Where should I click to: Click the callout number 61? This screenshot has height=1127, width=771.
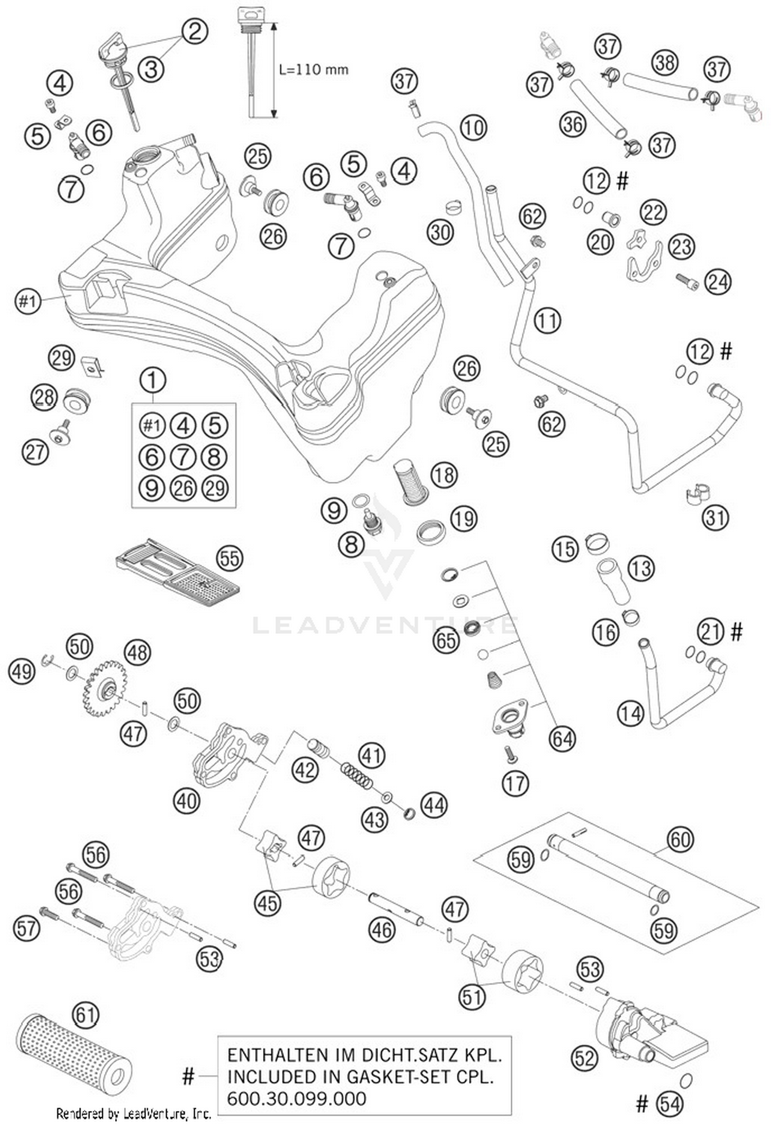coord(85,1015)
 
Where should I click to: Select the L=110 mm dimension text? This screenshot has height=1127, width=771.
coord(313,69)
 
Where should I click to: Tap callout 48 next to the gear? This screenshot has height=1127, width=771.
coord(138,653)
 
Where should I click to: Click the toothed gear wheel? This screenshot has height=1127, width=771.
coord(104,688)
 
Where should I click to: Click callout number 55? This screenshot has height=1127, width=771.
coord(229,558)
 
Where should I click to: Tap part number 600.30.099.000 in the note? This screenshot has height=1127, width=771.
coord(297,1098)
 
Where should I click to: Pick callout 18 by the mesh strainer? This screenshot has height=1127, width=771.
coord(444,474)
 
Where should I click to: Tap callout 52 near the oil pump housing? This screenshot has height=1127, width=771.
coord(584,1058)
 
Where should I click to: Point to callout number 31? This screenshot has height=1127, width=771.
coord(715,517)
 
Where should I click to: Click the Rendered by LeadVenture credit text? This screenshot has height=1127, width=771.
coord(134,1114)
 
